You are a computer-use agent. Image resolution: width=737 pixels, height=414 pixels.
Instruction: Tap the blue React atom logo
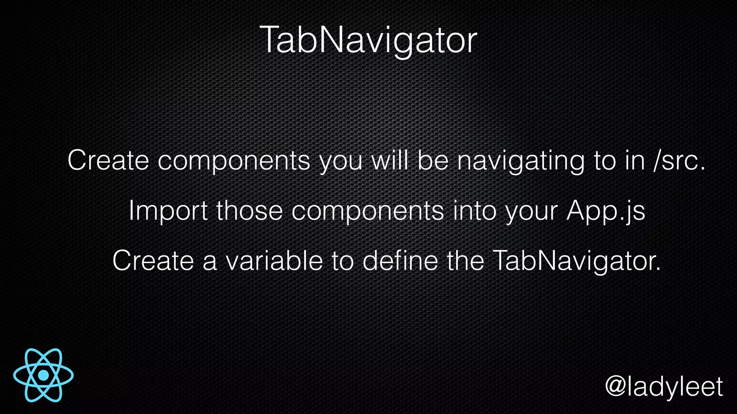point(44,375)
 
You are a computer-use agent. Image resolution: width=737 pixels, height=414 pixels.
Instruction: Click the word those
point(249,211)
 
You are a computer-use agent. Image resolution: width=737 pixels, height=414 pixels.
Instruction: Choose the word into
point(475,211)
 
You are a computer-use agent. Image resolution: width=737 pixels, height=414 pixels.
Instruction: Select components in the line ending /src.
point(234,161)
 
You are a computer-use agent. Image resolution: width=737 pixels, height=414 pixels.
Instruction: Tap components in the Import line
point(367,211)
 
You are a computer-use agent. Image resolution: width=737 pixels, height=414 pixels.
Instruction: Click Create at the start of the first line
point(108,161)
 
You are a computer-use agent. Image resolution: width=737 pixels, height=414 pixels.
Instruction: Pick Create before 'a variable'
point(153,261)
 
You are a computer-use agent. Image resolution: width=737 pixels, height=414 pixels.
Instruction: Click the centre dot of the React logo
point(44,375)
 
